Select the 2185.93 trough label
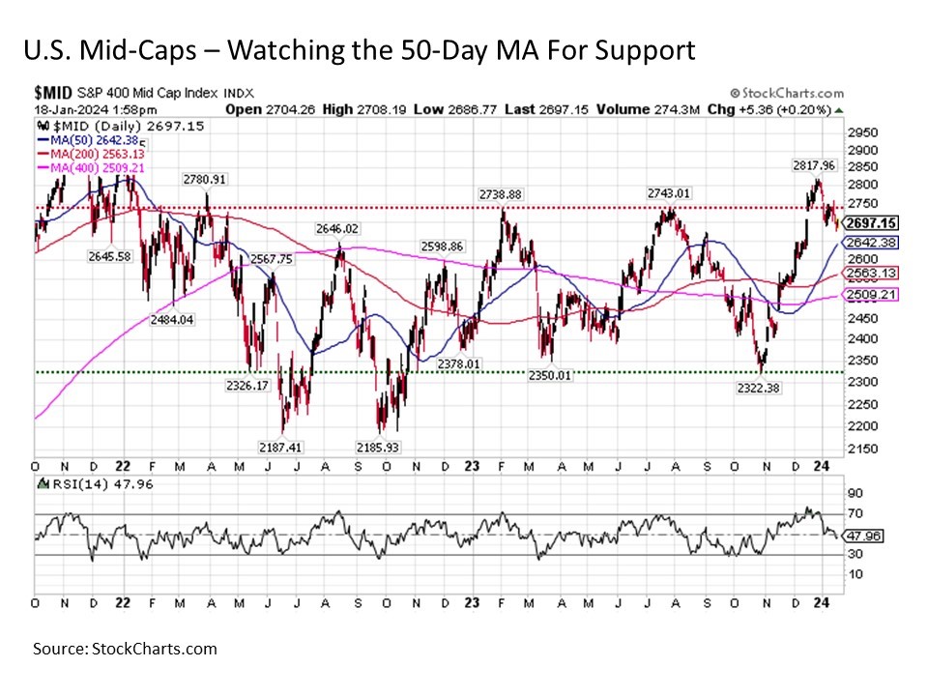coord(405,448)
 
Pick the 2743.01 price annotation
coord(670,193)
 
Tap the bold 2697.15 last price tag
coord(871,222)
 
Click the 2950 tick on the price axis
coord(862,131)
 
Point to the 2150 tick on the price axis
coord(862,449)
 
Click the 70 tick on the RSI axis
coord(854,513)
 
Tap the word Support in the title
coord(644,50)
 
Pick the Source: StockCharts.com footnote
coord(125,649)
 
